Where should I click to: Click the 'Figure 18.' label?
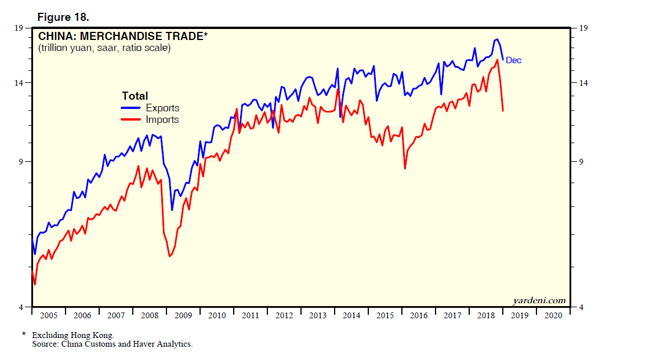(63, 16)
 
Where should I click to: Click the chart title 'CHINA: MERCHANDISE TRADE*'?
(122, 37)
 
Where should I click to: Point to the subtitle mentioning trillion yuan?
(104, 48)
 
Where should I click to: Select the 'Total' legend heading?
(135, 96)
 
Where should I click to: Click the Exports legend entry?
(162, 108)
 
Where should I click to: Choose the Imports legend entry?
(162, 119)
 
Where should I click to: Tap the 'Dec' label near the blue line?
(514, 60)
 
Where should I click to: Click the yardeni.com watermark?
(539, 300)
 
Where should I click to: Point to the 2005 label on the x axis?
(48, 315)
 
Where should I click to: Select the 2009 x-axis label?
(183, 315)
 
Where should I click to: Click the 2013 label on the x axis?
(318, 315)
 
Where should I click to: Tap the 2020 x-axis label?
(553, 315)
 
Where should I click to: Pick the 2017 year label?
(452, 315)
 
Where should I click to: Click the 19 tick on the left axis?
(19, 28)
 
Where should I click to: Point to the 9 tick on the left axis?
(21, 162)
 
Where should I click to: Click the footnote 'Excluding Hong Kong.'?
(73, 335)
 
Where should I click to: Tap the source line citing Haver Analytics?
(112, 344)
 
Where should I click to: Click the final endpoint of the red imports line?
(503, 111)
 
